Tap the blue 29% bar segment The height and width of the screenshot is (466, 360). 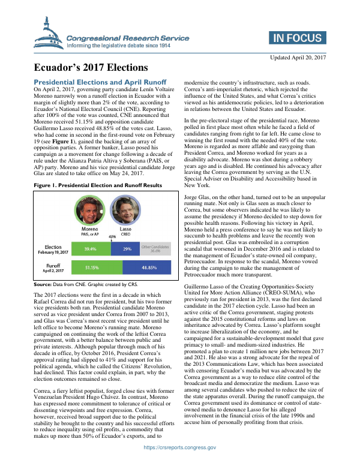pos(127,248)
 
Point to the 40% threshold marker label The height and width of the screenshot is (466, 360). pos(112,236)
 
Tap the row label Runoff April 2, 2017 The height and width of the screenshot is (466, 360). pos(47,267)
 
